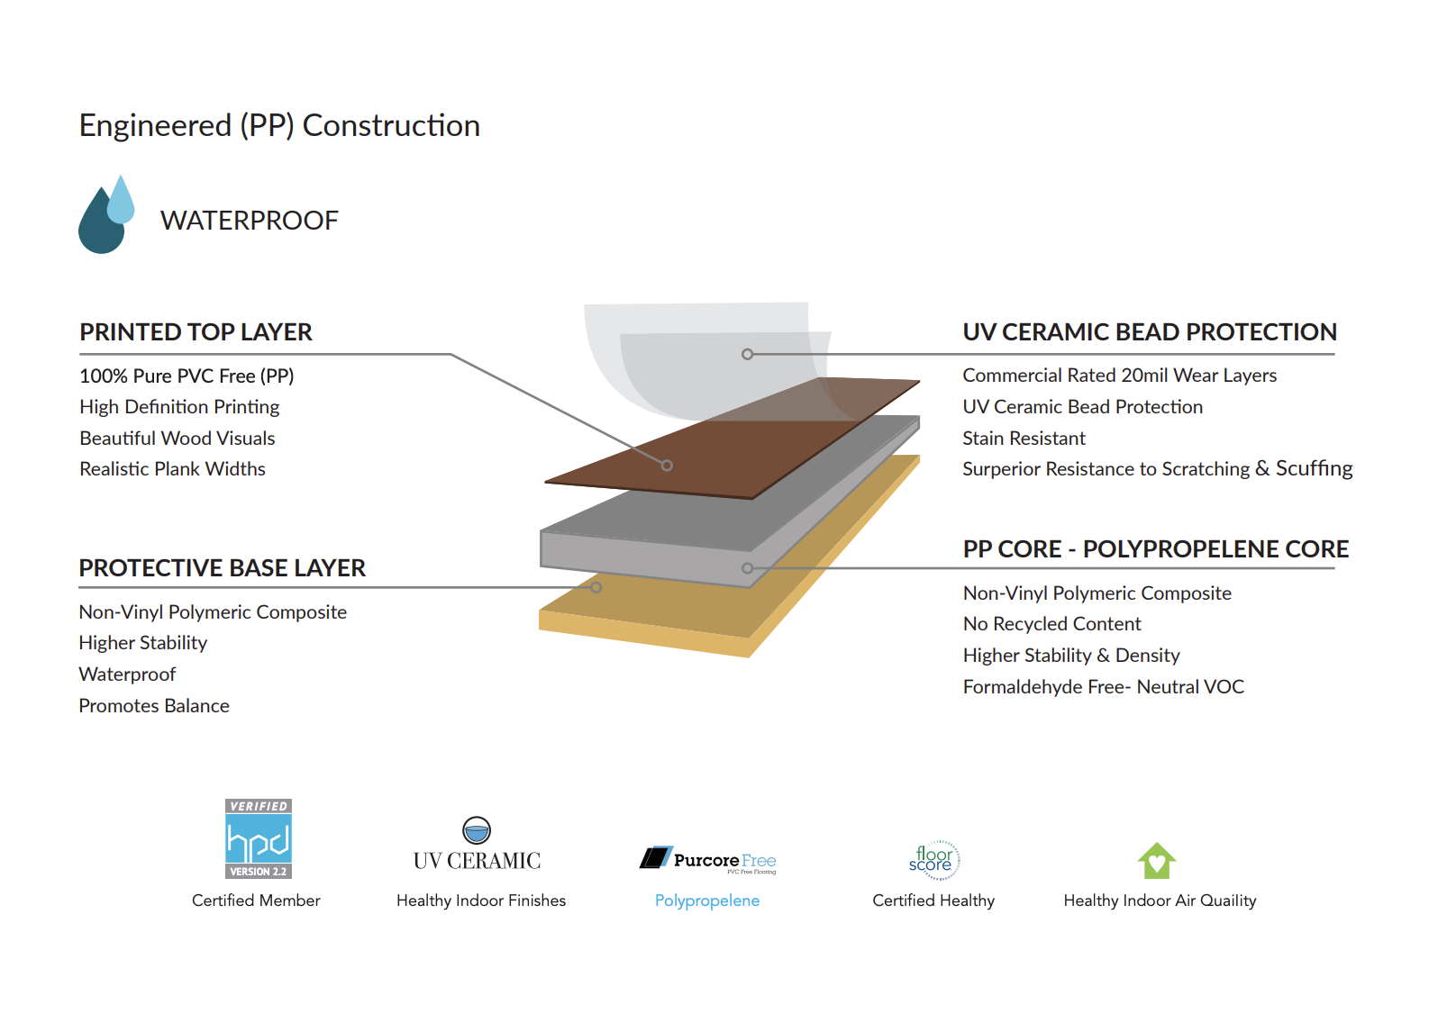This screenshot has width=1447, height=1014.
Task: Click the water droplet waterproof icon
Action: click(106, 216)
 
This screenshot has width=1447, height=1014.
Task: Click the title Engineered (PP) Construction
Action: click(279, 126)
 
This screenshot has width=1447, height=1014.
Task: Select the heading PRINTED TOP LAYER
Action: click(196, 332)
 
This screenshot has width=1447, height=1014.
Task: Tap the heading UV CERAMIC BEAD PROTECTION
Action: click(1149, 332)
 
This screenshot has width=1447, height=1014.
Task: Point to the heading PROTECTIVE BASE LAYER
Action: click(222, 568)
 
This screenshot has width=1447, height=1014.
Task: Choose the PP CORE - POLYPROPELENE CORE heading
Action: click(1155, 549)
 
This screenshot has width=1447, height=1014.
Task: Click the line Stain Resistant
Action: click(1024, 439)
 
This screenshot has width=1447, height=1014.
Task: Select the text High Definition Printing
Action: click(179, 407)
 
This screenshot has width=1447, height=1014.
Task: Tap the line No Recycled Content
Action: click(1051, 624)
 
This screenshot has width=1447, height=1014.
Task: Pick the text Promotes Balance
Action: click(154, 706)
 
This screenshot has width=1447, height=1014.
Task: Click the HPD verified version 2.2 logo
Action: click(259, 839)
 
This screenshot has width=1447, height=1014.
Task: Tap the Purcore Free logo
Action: click(708, 860)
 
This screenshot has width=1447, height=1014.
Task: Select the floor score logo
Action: click(933, 859)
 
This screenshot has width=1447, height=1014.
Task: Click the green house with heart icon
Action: click(1157, 861)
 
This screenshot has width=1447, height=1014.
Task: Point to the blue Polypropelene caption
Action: click(707, 901)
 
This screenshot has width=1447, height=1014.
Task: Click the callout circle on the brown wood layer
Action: click(667, 466)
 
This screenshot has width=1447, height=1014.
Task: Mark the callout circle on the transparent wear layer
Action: click(747, 355)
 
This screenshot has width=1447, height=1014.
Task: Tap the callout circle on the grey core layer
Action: click(747, 568)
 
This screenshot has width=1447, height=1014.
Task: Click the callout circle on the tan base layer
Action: click(596, 587)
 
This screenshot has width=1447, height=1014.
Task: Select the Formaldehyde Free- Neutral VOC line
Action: click(1103, 687)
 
